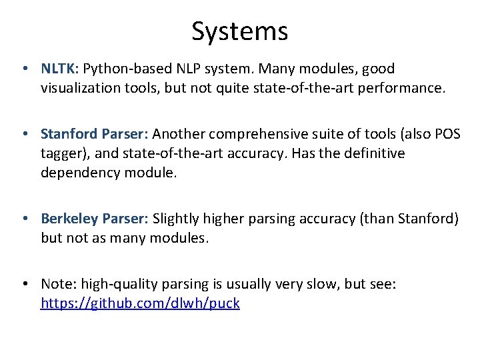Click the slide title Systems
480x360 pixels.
click(239, 31)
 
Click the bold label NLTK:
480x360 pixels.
click(61, 69)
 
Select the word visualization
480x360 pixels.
click(85, 87)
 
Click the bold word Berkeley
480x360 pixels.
click(67, 219)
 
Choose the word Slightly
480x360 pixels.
click(178, 219)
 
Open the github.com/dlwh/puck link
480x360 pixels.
click(140, 303)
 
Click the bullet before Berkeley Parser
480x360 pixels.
click(24, 219)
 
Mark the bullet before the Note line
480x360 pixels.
click(24, 284)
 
